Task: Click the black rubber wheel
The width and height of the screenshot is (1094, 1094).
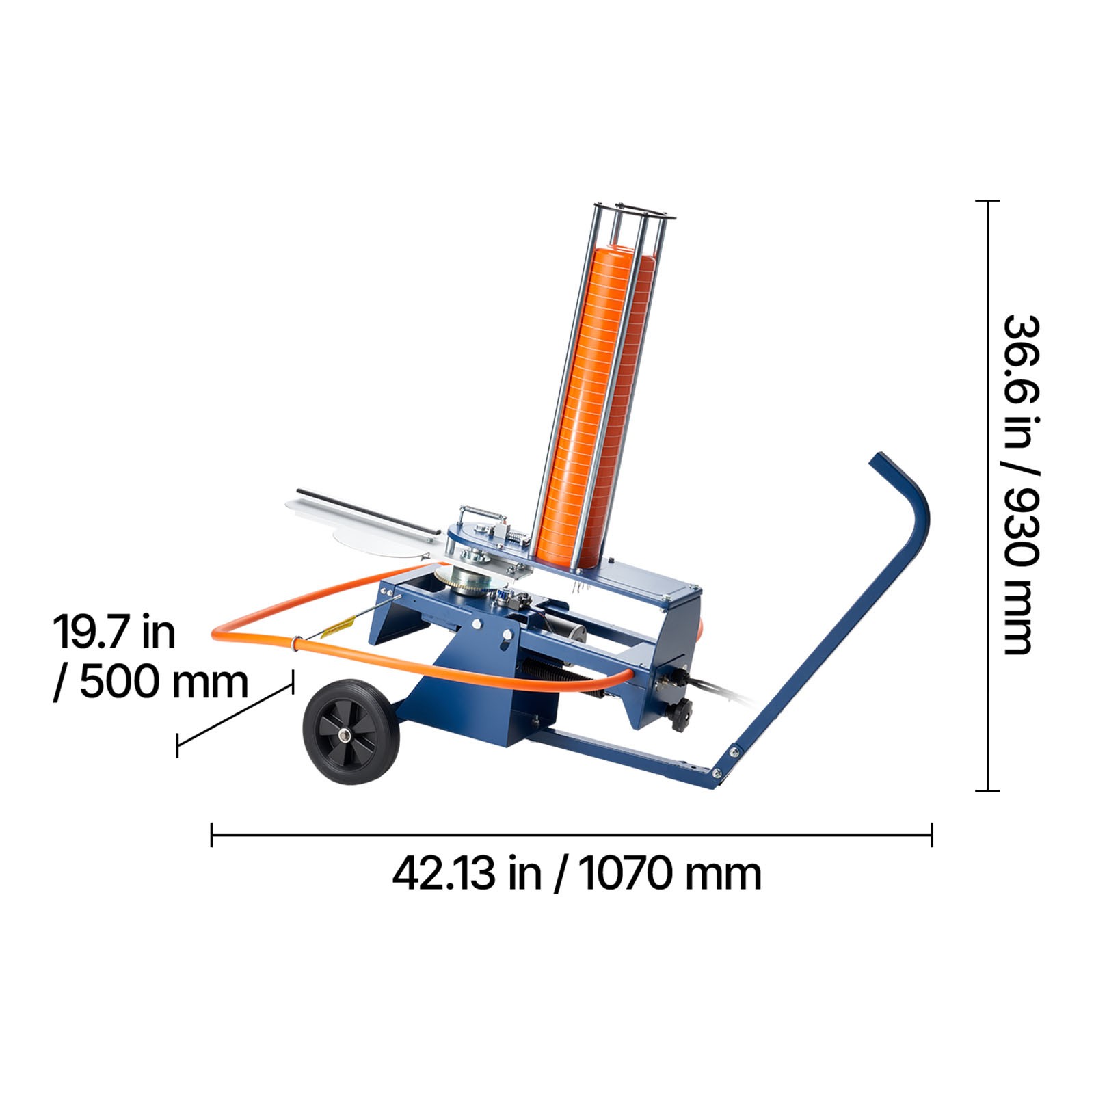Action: (x=351, y=732)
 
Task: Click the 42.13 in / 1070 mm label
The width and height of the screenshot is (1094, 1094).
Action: (x=576, y=874)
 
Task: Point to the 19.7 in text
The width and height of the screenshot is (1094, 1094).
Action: (x=114, y=632)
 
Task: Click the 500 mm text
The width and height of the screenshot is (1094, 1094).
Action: (x=164, y=682)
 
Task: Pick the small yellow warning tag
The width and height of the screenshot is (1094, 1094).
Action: (x=338, y=626)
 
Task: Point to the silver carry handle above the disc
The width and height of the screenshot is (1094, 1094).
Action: (x=482, y=511)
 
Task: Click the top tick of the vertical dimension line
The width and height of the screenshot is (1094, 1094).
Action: (x=987, y=201)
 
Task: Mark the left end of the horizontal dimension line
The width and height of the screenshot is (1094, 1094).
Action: (x=212, y=835)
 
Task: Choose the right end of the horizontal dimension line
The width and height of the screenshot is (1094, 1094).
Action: (x=932, y=835)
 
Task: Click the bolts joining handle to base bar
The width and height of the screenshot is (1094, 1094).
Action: (x=725, y=762)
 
